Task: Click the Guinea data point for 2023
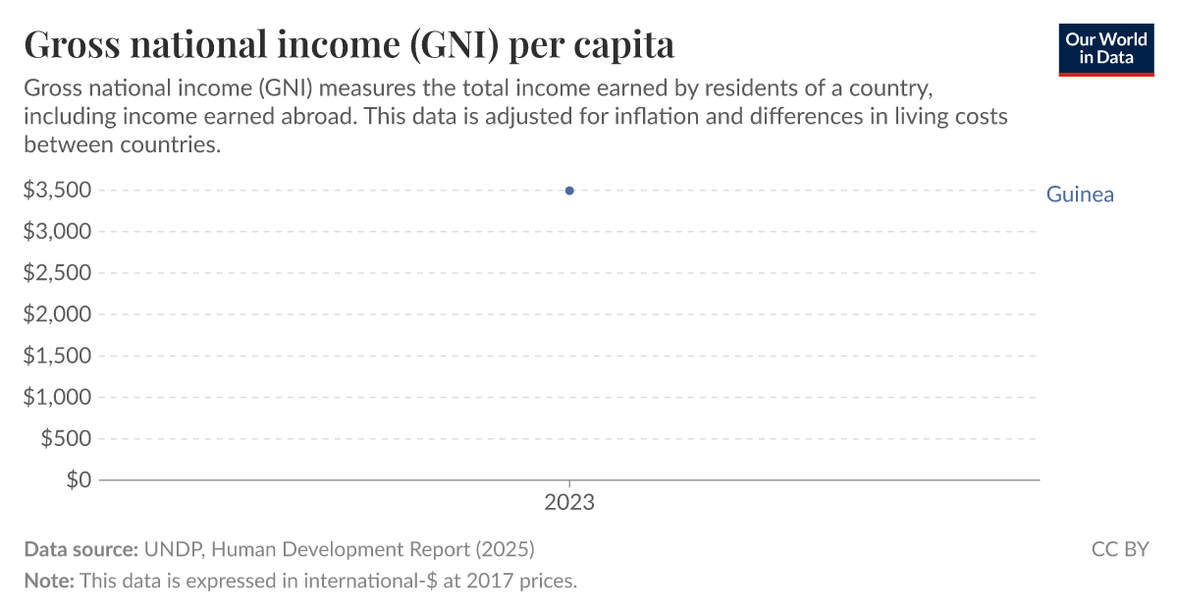coord(569,191)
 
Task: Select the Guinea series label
coord(1080,195)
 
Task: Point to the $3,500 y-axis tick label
coord(57,191)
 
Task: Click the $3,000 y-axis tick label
coord(57,232)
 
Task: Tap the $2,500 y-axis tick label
coord(57,273)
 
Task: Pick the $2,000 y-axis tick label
coord(57,314)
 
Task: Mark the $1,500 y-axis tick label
coord(57,356)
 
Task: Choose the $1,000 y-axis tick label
coord(57,397)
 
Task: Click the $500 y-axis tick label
coord(66,438)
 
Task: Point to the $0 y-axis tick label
coord(79,479)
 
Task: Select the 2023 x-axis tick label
coord(569,503)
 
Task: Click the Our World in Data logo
coord(1105,48)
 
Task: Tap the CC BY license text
coord(1120,549)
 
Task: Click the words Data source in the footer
coord(80,549)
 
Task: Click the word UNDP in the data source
coord(173,549)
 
